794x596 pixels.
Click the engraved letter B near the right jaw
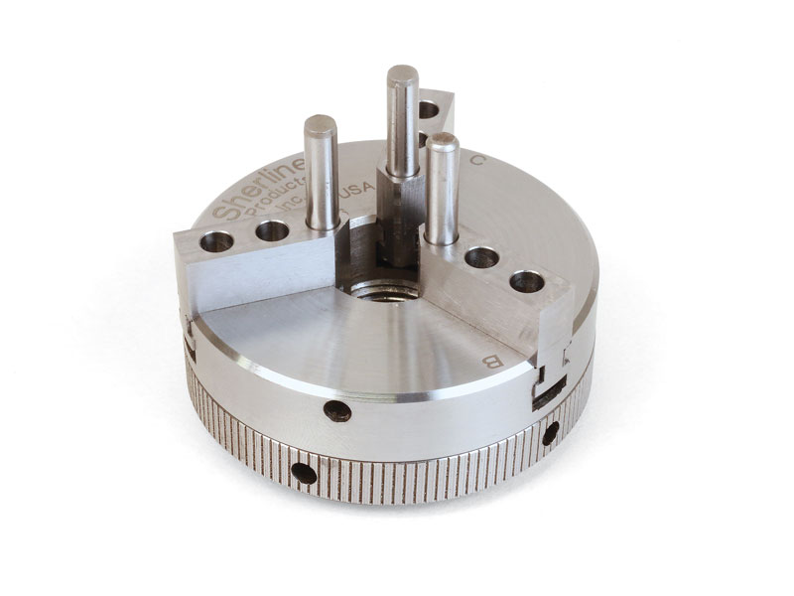[x=489, y=359]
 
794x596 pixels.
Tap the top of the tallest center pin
[x=402, y=75]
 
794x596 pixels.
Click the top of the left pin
[x=320, y=124]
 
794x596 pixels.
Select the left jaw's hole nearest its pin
[x=271, y=231]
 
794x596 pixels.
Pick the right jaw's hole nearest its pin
[x=482, y=257]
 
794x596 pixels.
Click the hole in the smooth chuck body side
[x=338, y=409]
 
